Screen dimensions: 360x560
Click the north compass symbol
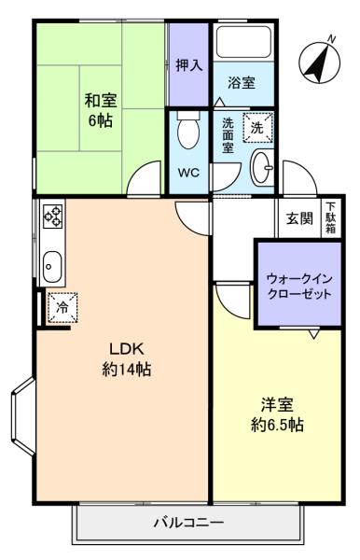coord(319,61)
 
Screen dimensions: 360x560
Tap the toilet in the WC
coord(188,130)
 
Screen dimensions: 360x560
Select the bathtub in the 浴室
coord(244,42)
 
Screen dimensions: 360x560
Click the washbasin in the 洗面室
coord(262,168)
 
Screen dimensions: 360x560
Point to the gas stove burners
coord(53,217)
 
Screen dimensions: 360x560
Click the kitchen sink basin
coord(52,266)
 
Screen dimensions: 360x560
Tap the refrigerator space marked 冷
coord(62,307)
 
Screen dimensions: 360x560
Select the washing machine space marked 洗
coord(257,128)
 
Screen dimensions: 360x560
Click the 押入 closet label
coord(189,65)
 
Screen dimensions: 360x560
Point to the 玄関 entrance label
coord(299,218)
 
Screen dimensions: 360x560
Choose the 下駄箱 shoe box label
coord(331,217)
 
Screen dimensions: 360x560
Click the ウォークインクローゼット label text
coord(299,287)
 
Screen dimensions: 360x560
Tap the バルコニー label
coord(189,523)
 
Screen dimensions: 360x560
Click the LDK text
coord(126,349)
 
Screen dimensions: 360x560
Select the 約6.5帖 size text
coord(277,425)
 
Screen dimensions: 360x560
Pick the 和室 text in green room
coord(101,101)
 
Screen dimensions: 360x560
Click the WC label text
coord(188,174)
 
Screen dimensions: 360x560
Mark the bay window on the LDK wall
coord(22,417)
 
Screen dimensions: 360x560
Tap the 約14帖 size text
coord(126,369)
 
